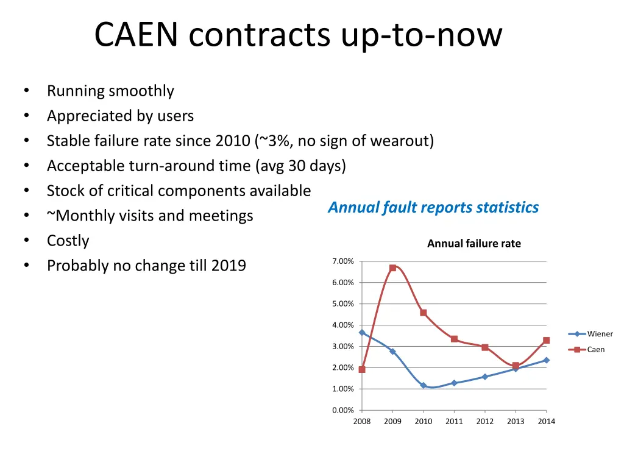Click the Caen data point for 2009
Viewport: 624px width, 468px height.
click(392, 268)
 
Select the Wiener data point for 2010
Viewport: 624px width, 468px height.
click(424, 386)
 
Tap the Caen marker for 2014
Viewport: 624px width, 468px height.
click(547, 341)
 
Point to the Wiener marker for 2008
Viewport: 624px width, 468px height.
click(362, 333)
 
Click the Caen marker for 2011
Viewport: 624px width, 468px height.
click(454, 339)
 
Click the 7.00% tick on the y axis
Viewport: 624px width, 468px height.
click(342, 261)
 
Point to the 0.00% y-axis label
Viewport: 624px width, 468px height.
click(342, 410)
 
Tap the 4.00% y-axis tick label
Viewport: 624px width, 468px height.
click(342, 325)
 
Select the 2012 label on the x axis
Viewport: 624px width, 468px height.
click(484, 422)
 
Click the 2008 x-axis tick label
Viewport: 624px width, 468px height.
click(362, 422)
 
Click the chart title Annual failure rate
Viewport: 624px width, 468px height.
click(474, 244)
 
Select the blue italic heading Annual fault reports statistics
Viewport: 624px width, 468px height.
click(433, 208)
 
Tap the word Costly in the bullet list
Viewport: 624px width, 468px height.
click(68, 241)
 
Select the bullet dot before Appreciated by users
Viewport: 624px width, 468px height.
click(26, 116)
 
